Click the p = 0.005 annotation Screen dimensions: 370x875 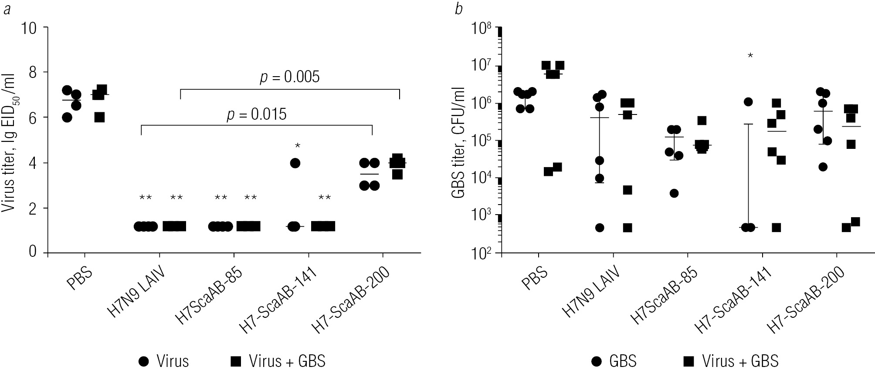[x=290, y=77]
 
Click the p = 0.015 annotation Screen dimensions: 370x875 [x=257, y=114]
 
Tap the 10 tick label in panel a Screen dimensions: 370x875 [x=31, y=27]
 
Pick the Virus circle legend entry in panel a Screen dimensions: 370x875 [x=165, y=361]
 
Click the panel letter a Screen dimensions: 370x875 [x=7, y=9]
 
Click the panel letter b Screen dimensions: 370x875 [x=458, y=9]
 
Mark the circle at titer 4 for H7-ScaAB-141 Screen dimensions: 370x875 [x=295, y=163]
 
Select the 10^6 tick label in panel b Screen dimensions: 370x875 [x=482, y=103]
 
